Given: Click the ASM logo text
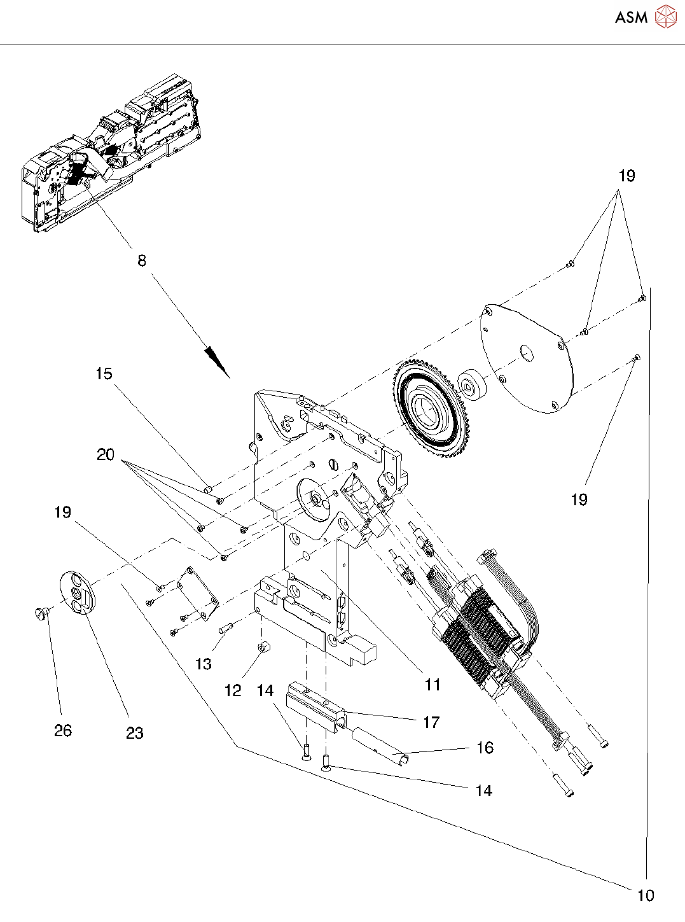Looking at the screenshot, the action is [632, 17].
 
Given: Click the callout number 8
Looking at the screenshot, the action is [142, 261].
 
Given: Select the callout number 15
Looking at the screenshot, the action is [104, 374].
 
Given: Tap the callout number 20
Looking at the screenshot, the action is [105, 454].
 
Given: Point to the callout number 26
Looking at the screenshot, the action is [63, 730].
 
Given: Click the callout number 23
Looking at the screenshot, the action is [135, 733].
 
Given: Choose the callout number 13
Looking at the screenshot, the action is [204, 664].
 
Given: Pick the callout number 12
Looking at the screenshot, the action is [233, 690].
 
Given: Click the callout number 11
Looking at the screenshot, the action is [432, 684].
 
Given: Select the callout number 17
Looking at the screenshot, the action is [431, 722].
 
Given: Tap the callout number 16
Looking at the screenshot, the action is [485, 748].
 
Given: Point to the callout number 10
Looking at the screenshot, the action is [646, 895].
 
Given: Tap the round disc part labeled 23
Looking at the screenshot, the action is [78, 593].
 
